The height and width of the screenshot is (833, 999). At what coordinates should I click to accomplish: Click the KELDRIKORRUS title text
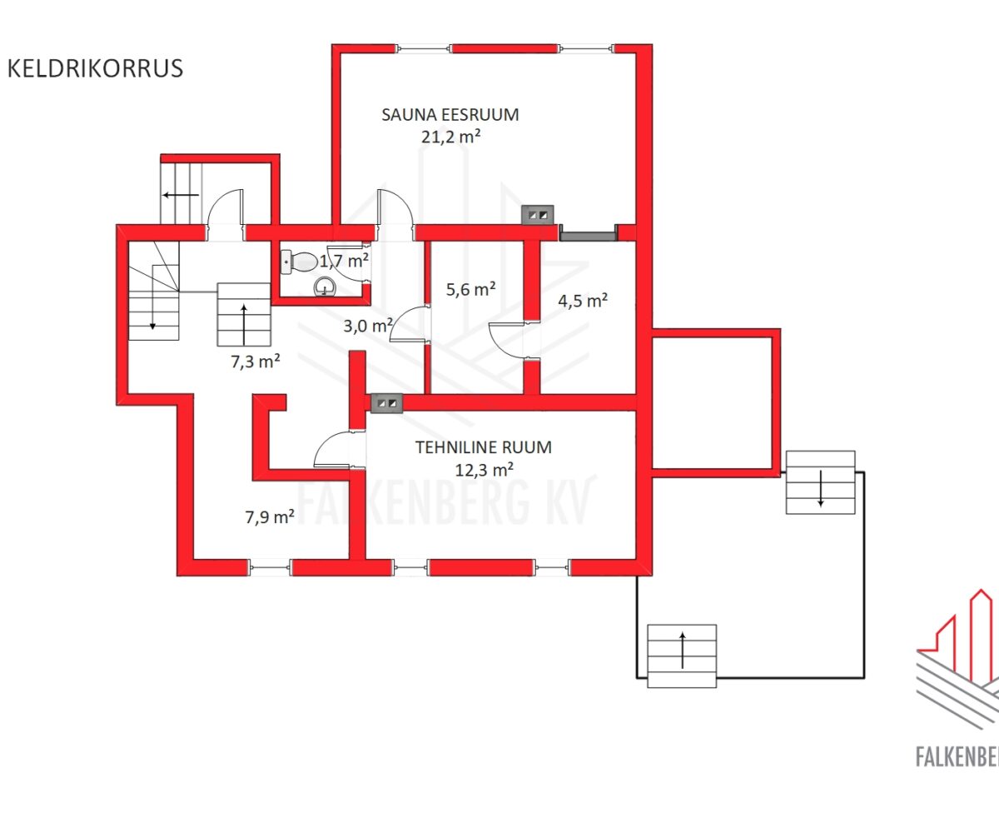click(95, 68)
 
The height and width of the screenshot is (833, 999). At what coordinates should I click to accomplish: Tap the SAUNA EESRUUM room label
click(450, 115)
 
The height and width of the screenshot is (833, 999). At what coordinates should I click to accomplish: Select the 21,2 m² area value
click(450, 137)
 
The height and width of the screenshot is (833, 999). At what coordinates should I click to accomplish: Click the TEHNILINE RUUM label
click(483, 447)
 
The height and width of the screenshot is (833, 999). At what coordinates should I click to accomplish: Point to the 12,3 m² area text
click(485, 470)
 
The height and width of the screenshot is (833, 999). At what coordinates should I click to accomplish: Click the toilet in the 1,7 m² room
click(300, 262)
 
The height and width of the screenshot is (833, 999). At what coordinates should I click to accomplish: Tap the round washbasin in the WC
click(325, 287)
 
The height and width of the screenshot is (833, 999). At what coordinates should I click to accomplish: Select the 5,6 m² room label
click(471, 290)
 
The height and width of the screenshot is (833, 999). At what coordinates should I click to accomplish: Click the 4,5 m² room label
click(583, 301)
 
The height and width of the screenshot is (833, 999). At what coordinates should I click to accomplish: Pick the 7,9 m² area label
click(270, 517)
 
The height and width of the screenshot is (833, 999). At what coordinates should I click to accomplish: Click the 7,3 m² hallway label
click(256, 362)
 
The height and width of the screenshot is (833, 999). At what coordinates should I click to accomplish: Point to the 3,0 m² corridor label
click(368, 326)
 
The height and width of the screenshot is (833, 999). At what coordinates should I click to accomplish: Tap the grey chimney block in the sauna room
click(538, 215)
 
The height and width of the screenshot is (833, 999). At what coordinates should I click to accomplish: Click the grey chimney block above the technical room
click(387, 403)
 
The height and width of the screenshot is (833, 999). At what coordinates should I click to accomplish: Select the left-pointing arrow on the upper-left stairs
click(181, 195)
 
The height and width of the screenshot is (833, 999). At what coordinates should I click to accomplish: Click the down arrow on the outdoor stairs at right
click(821, 488)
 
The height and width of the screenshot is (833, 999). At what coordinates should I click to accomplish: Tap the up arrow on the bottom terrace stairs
click(683, 650)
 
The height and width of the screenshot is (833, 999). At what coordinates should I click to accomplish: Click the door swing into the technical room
click(333, 449)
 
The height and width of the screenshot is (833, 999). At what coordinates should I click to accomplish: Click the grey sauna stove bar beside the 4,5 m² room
click(588, 236)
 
